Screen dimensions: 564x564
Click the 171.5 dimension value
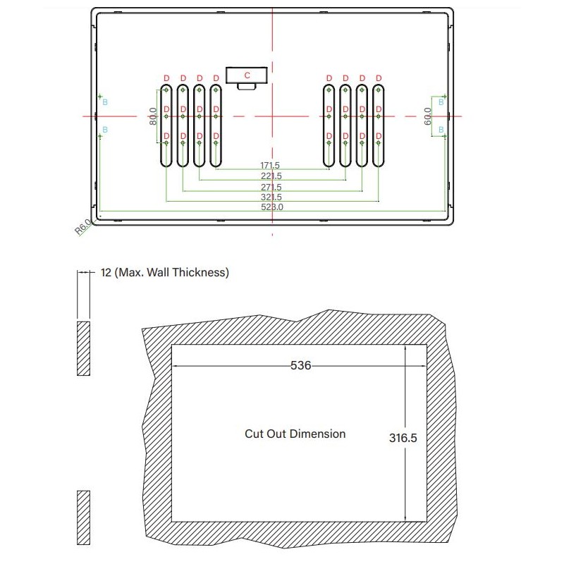[270, 166]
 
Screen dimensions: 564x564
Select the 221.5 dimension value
[271, 176]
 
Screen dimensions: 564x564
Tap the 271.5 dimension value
[271, 187]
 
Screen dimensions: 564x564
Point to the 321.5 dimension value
[271, 197]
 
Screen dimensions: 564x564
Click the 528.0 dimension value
[271, 207]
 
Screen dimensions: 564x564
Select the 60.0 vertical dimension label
[427, 116]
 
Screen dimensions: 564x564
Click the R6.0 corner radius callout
[83, 227]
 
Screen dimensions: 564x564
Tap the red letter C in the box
[247, 74]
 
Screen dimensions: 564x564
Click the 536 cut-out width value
[301, 366]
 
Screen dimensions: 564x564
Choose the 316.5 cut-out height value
[403, 437]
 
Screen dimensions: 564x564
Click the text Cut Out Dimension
[295, 434]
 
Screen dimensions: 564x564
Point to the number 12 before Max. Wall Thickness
[107, 272]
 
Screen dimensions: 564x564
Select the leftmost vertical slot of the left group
[166, 125]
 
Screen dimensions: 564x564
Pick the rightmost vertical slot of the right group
[379, 125]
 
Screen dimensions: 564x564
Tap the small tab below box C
[246, 86]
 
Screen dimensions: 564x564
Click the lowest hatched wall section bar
[82, 517]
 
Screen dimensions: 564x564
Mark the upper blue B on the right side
[441, 102]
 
